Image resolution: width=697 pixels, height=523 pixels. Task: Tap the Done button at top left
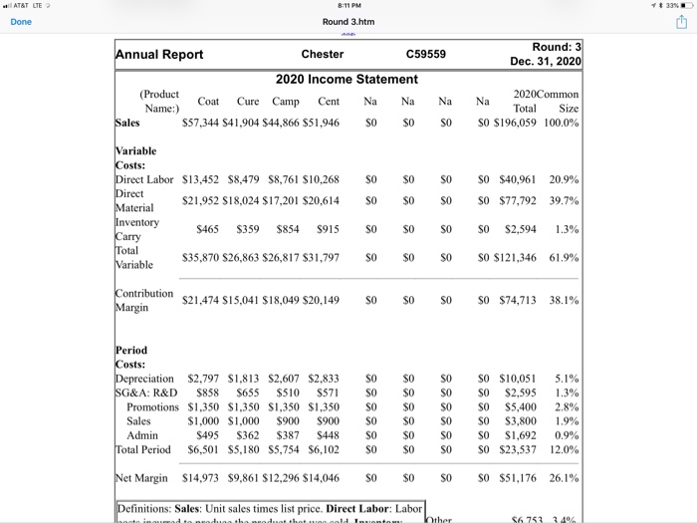21,21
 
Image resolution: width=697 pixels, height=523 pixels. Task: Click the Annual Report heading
160,55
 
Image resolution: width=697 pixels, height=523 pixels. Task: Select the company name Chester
322,54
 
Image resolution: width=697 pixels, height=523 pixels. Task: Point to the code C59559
426,54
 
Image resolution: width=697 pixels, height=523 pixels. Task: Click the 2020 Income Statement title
347,79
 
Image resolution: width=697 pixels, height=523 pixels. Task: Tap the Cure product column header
248,102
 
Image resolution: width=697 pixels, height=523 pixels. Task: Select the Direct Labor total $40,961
518,180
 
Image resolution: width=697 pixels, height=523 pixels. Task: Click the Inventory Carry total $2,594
522,229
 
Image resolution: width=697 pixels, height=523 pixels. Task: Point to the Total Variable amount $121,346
516,257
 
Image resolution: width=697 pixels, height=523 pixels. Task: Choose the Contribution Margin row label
144,301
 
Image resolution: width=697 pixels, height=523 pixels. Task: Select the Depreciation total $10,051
518,379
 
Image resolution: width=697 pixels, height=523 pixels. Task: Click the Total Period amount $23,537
518,448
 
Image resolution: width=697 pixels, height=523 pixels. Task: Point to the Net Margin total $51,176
518,477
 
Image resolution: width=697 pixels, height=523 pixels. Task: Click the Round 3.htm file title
348,21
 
